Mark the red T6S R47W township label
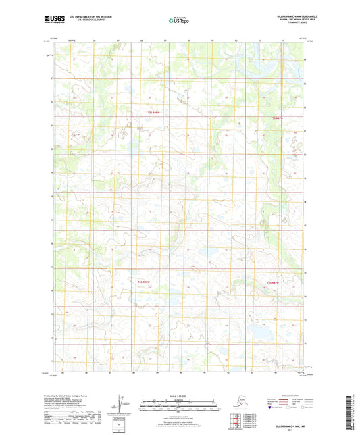273,281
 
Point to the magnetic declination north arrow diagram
122,403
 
